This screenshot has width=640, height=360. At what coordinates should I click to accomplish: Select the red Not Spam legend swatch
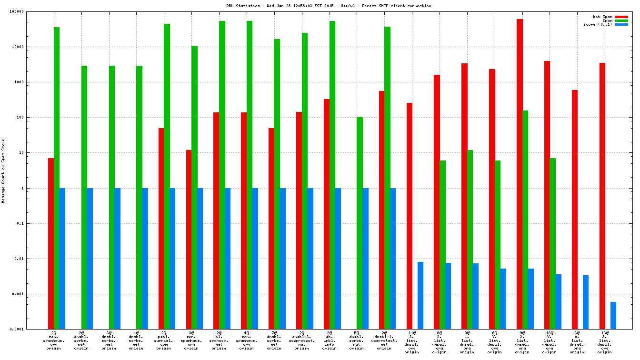pos(621,17)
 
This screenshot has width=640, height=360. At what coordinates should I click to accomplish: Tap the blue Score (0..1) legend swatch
pos(621,24)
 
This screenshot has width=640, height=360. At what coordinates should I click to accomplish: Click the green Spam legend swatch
pos(621,20)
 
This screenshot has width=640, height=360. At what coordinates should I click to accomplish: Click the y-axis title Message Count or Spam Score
pos(3,171)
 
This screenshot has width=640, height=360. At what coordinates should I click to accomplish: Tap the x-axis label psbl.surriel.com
pos(164,340)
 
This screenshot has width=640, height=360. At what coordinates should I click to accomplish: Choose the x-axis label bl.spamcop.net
pos(219,340)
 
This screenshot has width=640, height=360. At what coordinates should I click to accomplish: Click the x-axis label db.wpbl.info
pos(330,340)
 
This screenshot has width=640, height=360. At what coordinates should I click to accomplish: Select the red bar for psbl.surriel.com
pos(161,229)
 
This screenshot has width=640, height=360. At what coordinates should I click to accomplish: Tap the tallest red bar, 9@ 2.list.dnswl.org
pos(520,174)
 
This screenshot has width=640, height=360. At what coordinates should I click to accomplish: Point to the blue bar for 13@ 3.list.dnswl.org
pos(613,315)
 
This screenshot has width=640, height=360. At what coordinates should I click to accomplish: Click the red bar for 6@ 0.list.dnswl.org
pos(575,210)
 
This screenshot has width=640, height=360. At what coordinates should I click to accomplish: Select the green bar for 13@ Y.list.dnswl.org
pos(552,243)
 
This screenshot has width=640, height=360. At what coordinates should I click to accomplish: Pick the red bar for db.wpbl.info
pos(327,214)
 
